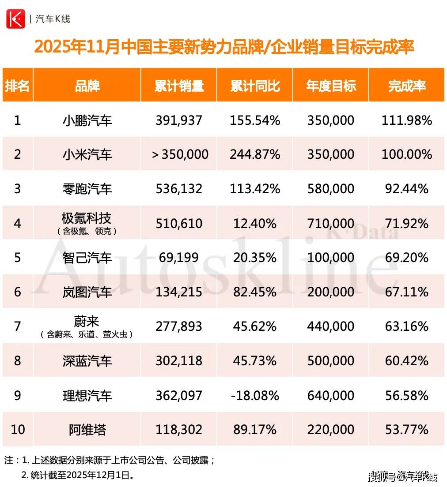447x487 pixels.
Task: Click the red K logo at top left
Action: (15, 19)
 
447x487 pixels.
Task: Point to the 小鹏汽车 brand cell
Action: (87, 120)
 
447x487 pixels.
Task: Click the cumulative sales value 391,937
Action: (179, 120)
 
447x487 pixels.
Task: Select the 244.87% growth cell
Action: (255, 154)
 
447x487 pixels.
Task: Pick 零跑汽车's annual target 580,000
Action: (331, 189)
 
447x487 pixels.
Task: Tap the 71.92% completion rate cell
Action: (406, 223)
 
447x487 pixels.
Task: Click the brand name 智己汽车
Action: (87, 258)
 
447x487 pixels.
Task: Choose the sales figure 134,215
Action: (179, 292)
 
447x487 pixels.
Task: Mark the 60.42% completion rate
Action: (406, 361)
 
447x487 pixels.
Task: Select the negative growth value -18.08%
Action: (255, 395)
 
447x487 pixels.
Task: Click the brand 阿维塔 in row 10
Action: (87, 430)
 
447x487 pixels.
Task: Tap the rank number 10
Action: (18, 430)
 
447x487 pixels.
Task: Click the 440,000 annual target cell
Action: (331, 326)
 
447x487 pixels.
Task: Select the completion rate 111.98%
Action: (406, 120)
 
